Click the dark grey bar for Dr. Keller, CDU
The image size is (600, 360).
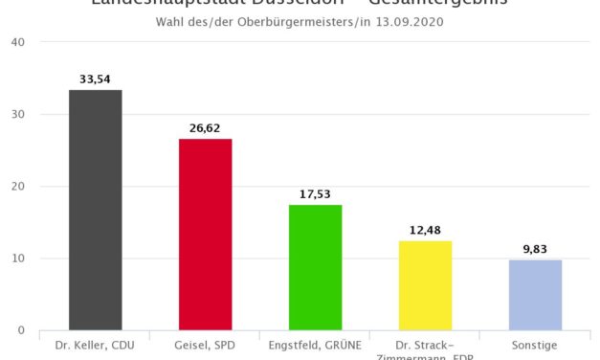[95, 210]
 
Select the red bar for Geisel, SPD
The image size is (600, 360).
[205, 235]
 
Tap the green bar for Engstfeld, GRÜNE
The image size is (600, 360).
[315, 267]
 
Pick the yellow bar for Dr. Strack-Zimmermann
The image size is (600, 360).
[425, 285]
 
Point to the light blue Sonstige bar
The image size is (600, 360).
[535, 295]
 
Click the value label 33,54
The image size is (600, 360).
[95, 78]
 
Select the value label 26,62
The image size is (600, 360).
[205, 127]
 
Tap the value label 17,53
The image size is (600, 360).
[315, 192]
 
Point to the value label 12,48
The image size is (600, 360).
[425, 229]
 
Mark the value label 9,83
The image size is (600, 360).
[535, 248]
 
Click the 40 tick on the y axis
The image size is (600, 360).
[19, 43]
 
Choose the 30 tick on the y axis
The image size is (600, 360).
[19, 115]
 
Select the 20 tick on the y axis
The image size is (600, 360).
[19, 187]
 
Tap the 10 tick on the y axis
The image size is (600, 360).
[19, 259]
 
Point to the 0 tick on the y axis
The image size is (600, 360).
[22, 330]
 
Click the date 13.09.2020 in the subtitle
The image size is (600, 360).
[409, 21]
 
